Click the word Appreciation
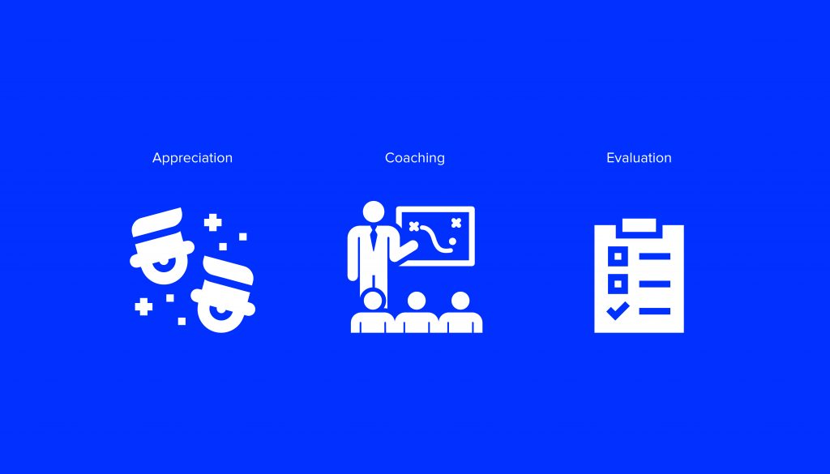point(192,158)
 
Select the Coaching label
point(414,158)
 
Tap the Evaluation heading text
point(639,158)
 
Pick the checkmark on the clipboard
point(617,311)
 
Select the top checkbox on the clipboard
point(618,257)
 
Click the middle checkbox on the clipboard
point(618,284)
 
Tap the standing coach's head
point(374,211)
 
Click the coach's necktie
point(374,239)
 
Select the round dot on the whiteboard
point(452,241)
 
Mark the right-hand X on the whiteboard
point(456,223)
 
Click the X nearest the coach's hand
point(414,227)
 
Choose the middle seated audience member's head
point(417,301)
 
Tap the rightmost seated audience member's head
point(460,301)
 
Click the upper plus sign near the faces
point(213,223)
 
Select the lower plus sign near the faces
point(143,306)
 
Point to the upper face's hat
point(157,222)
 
